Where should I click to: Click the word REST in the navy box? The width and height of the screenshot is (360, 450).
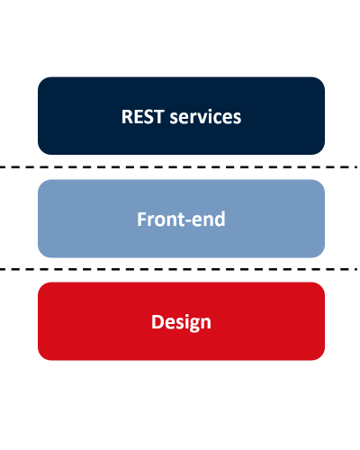click(142, 117)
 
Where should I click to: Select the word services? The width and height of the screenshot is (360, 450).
click(205, 117)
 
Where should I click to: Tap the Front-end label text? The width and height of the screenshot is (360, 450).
click(181, 220)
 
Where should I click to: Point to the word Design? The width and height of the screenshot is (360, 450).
click(181, 322)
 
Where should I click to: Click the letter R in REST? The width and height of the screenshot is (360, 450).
click(127, 117)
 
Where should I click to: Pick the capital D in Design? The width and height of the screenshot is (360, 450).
click(157, 322)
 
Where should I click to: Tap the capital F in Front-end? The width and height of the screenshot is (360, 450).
click(141, 220)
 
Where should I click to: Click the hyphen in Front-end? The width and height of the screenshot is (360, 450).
click(187, 221)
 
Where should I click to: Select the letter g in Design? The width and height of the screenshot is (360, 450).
click(191, 325)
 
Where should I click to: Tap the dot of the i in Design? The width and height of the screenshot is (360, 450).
click(182, 315)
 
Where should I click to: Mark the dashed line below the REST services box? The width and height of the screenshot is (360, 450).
click(179, 166)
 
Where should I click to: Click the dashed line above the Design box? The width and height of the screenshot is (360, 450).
click(179, 269)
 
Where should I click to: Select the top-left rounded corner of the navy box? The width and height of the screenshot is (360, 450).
click(41, 80)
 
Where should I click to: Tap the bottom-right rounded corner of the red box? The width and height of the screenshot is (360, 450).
click(321, 356)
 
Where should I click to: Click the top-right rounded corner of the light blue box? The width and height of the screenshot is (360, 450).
click(321, 184)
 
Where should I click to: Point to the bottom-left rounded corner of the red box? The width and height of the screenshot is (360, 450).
click(41, 356)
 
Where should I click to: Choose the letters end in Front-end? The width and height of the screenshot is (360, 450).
click(208, 220)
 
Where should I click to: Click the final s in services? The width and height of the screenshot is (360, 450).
click(237, 119)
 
